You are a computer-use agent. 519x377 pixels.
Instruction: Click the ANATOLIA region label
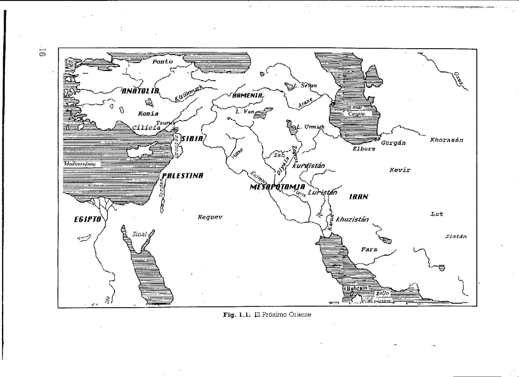point(140,91)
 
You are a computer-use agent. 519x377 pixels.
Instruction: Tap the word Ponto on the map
point(162,62)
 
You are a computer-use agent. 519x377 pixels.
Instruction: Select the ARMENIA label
point(247,96)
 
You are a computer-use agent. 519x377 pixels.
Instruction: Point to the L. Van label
point(244,111)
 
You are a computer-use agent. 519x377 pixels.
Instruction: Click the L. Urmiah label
point(310,127)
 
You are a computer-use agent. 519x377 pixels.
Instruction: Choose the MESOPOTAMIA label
point(277,187)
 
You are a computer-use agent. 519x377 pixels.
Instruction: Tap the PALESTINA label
point(182,176)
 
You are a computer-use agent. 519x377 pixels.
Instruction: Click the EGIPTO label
point(87,219)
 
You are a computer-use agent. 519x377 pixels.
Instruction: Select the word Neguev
point(210,217)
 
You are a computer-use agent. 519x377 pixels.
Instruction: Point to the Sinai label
point(139,234)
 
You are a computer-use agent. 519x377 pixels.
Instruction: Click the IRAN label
point(359,197)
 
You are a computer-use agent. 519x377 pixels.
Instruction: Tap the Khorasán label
point(446,140)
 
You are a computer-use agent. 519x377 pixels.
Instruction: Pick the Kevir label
point(400,170)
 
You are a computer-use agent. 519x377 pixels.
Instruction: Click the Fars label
point(369,249)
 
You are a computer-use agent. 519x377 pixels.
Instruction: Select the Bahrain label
point(357,288)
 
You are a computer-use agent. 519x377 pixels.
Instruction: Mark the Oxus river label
point(458,79)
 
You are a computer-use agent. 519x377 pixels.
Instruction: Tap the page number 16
point(42,52)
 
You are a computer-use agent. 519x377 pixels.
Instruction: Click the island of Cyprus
point(144,151)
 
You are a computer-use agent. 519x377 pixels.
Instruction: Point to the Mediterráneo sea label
point(79,164)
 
